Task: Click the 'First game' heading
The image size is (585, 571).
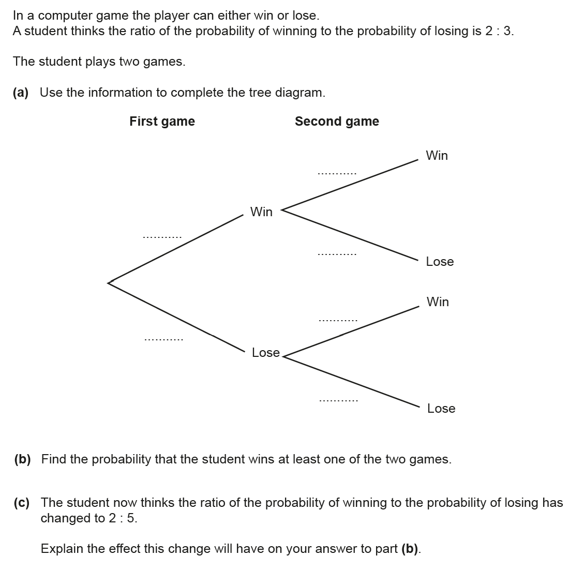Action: pos(162,122)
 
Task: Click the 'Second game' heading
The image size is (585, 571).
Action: pos(337,122)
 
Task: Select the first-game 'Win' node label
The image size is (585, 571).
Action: pos(261,212)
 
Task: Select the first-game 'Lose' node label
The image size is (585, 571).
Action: pos(265,353)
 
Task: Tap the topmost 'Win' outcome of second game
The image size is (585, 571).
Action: pos(437,156)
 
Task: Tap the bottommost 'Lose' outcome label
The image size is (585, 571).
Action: pos(441,409)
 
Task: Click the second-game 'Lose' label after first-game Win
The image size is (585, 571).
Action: pos(440,262)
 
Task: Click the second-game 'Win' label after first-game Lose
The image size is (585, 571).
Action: pos(438,302)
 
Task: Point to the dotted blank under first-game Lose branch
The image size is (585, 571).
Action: pos(163,340)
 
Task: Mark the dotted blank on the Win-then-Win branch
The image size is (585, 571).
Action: pos(337,173)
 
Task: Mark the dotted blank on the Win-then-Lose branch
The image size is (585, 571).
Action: pos(337,254)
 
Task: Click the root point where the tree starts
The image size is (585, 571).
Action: pos(109,282)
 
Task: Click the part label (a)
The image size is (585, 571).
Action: pos(21,93)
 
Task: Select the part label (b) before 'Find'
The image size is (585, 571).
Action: pos(22,459)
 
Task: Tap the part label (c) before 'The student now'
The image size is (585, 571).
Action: pos(22,503)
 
